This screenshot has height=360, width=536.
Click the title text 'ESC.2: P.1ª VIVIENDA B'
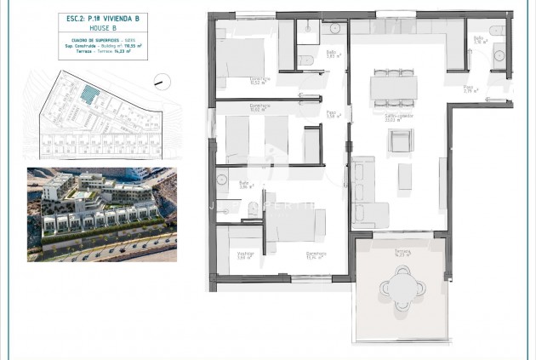(92, 17)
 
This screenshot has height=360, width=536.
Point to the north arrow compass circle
(158, 82)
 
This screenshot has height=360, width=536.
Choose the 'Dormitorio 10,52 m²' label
(259, 83)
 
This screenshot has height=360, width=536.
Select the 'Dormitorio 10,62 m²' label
(259, 107)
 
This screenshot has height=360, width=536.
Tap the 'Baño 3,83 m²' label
(332, 54)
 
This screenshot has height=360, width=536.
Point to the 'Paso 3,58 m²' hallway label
(333, 114)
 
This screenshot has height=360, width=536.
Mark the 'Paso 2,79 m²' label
(468, 89)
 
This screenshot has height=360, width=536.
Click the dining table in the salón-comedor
(393, 86)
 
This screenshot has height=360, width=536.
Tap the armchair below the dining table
(400, 141)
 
